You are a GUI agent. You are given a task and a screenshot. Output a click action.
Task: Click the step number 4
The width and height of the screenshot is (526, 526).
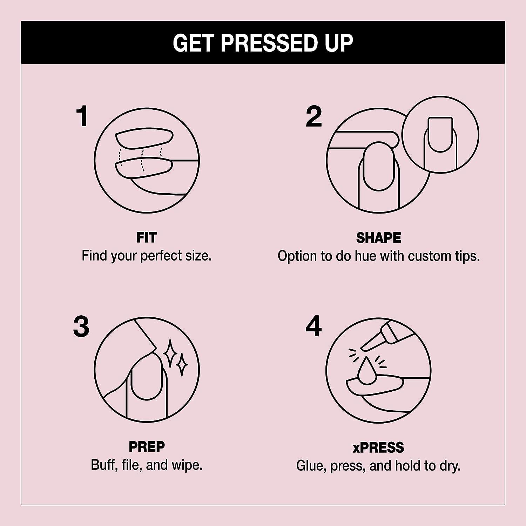point(313,326)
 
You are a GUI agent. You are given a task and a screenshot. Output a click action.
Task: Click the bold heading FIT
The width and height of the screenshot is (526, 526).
point(147,238)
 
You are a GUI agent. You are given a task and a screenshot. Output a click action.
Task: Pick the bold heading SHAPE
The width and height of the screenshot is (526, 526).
point(378,238)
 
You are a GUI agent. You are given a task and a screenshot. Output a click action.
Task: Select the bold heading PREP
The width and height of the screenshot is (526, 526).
point(147,447)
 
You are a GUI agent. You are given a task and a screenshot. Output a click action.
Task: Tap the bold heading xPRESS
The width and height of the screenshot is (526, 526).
point(378,447)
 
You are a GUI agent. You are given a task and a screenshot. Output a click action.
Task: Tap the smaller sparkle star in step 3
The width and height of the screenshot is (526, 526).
point(181,365)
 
